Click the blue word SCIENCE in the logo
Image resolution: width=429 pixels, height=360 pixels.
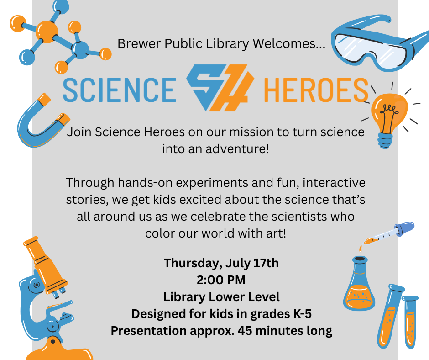point(120,90)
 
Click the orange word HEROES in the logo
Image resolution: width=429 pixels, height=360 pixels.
point(316,90)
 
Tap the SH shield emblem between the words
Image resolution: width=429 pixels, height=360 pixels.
point(220,88)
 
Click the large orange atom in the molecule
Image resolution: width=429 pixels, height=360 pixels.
point(47,32)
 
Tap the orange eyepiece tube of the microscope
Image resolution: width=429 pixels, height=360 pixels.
point(44,263)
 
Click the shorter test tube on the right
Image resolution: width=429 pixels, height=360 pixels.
point(410,322)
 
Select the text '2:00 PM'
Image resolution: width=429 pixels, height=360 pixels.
point(221,280)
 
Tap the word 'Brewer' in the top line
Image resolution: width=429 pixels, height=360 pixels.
point(139,43)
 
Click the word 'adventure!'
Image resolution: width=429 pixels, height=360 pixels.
point(237,149)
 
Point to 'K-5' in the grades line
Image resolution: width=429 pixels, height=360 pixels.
point(302,314)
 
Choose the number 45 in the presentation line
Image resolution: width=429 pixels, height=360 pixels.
point(245,331)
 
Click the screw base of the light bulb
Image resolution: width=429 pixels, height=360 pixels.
point(385,141)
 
